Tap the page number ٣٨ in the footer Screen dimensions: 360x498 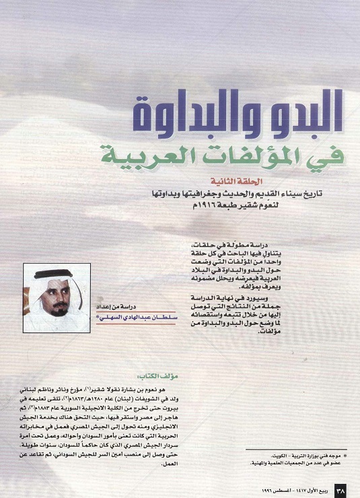340,489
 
